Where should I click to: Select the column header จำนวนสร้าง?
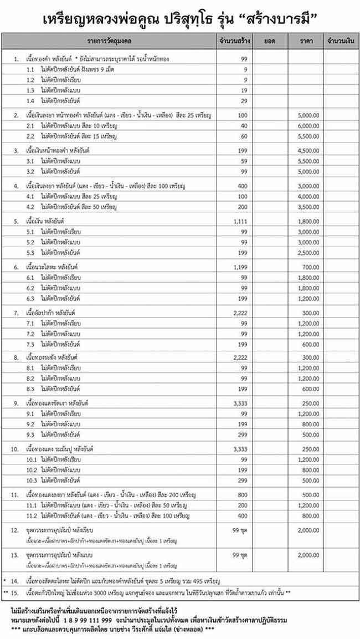coord(233,40)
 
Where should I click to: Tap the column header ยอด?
coord(271,40)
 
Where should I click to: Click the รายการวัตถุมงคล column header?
coord(109,40)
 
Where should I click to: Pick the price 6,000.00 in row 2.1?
coord(308,125)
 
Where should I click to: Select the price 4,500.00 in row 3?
coord(308,151)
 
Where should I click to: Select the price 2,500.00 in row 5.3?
coord(308,253)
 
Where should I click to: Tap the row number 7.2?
coord(31,334)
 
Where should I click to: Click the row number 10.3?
coord(32,480)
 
